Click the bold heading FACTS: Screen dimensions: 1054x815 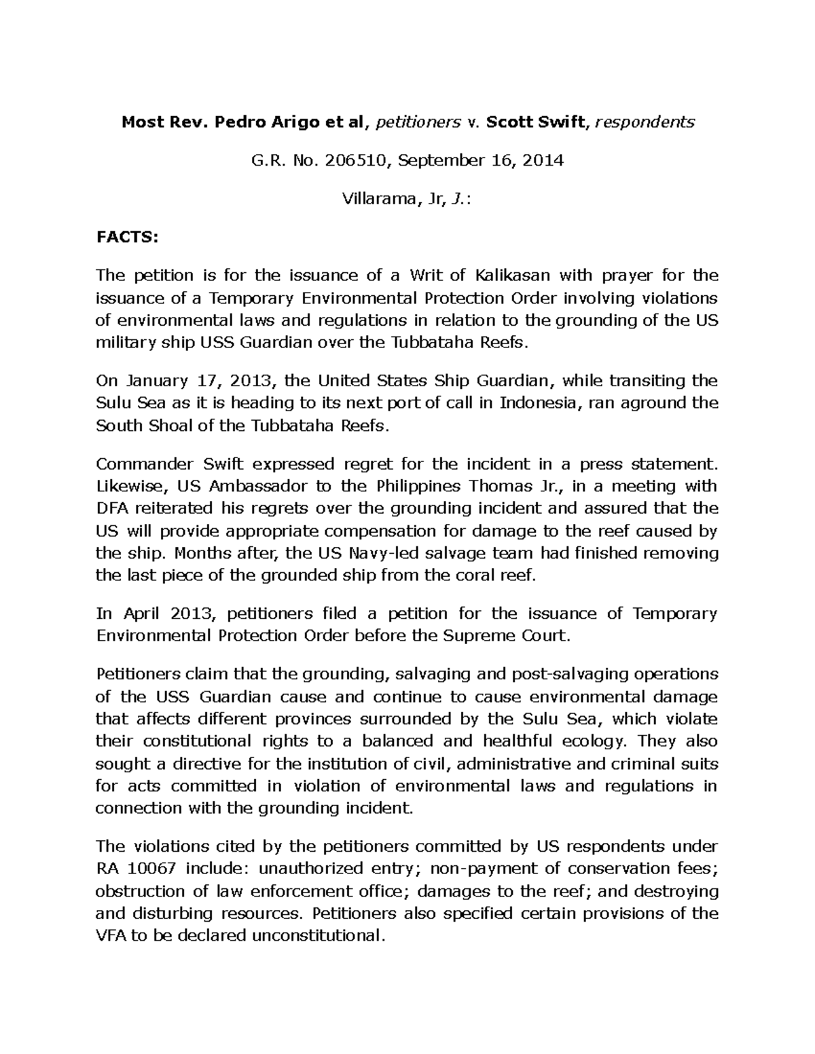coord(126,237)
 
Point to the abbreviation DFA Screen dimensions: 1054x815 coord(113,509)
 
